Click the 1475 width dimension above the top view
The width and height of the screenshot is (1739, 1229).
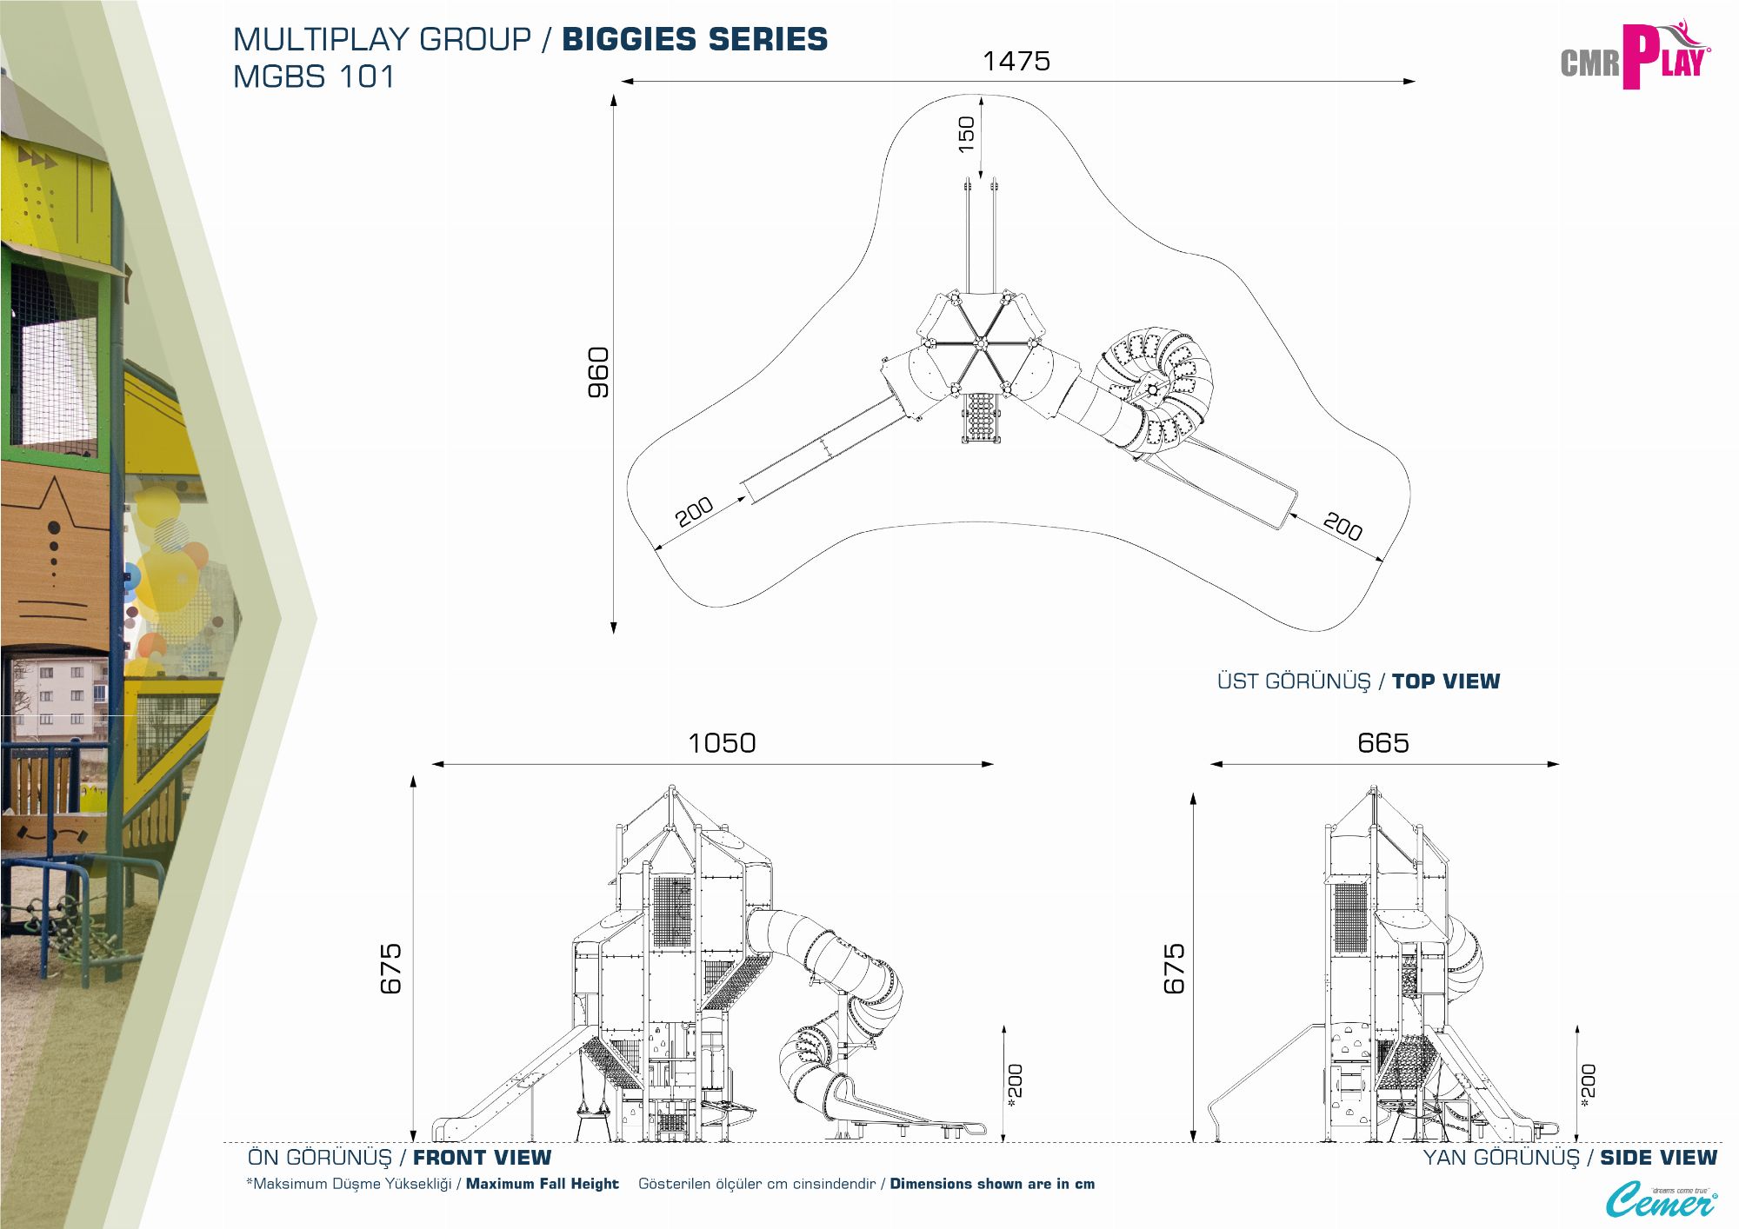point(1016,61)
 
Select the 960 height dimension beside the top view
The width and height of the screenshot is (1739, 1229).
point(598,372)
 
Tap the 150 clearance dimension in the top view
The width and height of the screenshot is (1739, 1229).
point(966,135)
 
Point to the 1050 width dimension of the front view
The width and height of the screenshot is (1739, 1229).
point(721,743)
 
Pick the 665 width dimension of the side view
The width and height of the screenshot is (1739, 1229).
point(1383,743)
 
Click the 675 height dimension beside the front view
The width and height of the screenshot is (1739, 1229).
point(390,967)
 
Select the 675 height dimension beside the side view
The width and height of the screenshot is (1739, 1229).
point(1174,967)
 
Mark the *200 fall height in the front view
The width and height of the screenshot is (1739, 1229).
point(1015,1085)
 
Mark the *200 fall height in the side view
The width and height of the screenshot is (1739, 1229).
point(1588,1085)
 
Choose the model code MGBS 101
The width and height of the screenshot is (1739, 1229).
point(314,76)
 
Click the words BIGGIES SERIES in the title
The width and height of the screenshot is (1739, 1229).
point(695,39)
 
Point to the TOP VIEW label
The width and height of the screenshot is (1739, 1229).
point(1445,681)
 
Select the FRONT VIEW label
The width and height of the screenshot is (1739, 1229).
point(482,1158)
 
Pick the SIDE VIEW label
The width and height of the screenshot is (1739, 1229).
point(1658,1158)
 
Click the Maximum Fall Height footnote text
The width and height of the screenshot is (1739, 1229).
point(542,1184)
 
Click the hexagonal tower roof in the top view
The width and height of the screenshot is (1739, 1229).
point(979,341)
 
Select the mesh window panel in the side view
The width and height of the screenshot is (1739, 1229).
point(1350,919)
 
